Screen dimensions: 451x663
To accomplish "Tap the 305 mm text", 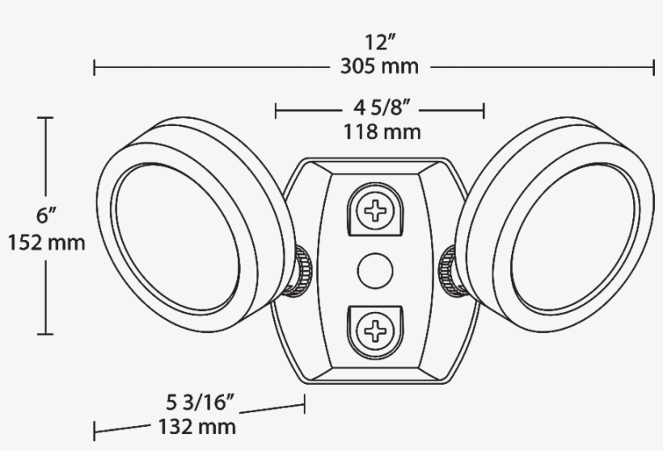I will point(379,66).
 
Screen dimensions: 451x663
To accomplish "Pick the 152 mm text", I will point(46,242).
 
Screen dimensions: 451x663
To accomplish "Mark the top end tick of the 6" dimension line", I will point(46,118).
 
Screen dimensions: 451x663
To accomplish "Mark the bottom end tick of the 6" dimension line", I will point(46,333).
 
